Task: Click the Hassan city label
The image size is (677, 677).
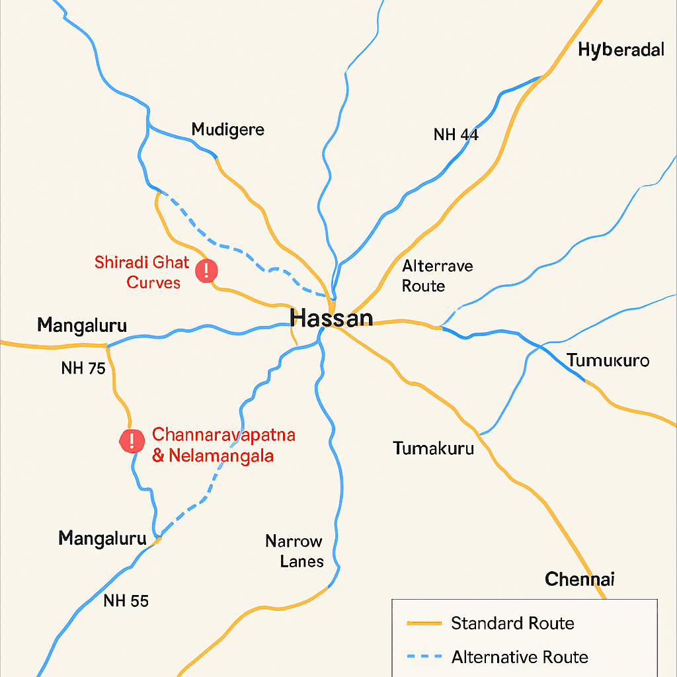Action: (x=331, y=318)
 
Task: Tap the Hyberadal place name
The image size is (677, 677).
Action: (x=621, y=50)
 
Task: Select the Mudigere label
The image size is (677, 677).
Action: (x=227, y=129)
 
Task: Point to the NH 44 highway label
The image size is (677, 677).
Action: (x=456, y=135)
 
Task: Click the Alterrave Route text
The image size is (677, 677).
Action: (x=438, y=276)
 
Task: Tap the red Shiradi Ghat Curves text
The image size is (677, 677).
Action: (x=142, y=272)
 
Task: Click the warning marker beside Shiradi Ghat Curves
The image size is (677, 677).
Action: (x=207, y=270)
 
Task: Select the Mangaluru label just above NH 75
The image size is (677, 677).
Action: (x=82, y=325)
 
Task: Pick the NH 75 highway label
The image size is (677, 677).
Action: (x=83, y=368)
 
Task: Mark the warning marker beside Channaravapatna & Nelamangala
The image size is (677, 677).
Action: (x=132, y=440)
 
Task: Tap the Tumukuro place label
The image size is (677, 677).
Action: (x=608, y=361)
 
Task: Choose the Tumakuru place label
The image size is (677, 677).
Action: (x=434, y=448)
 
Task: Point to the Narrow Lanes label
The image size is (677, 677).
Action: (x=294, y=551)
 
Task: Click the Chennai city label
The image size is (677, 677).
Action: (x=580, y=580)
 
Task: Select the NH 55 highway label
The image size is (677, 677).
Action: (x=126, y=601)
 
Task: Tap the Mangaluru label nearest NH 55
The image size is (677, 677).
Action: (x=102, y=538)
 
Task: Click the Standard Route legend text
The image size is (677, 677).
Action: (x=512, y=623)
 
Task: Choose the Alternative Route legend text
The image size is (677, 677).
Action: (x=520, y=657)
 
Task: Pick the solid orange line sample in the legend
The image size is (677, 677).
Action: (x=424, y=623)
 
